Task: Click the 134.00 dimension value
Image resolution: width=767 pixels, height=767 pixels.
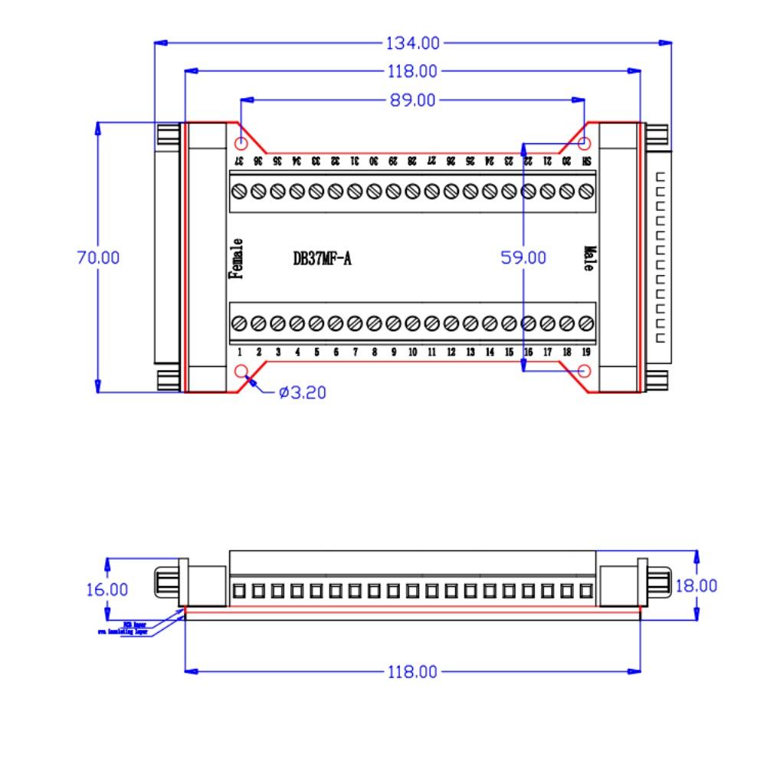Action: [414, 42]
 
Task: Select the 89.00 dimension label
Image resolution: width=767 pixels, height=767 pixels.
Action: [412, 100]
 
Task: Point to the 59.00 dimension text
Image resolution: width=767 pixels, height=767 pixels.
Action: [523, 258]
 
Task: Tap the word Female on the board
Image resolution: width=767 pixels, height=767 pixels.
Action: [238, 259]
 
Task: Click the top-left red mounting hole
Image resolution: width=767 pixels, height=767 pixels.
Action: [241, 143]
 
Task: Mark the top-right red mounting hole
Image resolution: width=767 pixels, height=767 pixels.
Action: [585, 143]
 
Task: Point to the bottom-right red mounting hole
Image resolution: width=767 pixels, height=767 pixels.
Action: [585, 372]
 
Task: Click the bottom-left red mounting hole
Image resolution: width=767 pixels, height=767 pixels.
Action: [242, 372]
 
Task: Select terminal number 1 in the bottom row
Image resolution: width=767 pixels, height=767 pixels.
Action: [239, 352]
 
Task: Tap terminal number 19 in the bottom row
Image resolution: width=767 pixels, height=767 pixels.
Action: [586, 352]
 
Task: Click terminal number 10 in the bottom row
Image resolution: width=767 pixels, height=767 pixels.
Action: [412, 352]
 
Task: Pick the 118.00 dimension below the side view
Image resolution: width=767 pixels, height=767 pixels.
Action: [414, 672]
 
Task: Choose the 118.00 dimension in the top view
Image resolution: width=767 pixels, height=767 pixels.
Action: [414, 71]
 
